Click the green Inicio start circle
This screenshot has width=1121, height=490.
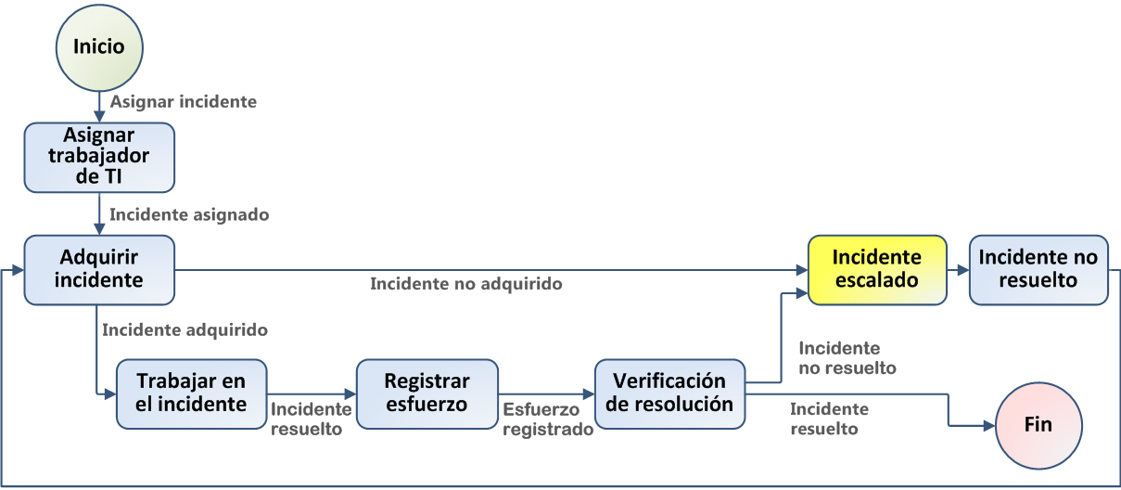[99, 45]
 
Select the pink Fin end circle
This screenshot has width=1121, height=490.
[1038, 425]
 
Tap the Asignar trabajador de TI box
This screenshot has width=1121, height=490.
[99, 157]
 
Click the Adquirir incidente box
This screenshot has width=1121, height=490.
[99, 269]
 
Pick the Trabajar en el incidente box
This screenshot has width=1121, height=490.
[192, 393]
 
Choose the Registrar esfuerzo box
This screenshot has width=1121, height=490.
[427, 393]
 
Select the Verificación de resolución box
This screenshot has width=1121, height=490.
[670, 393]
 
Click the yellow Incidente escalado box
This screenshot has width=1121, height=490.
[877, 269]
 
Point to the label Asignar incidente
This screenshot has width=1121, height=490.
[184, 101]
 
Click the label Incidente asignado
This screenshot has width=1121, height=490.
[189, 214]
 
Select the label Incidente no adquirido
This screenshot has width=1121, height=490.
[466, 284]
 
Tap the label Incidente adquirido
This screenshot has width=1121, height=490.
[185, 329]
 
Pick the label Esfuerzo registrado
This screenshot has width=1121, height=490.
[547, 419]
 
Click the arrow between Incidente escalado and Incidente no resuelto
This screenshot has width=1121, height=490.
[958, 270]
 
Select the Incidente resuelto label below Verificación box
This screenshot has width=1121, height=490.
[829, 419]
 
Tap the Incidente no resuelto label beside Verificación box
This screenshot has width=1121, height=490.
[847, 358]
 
